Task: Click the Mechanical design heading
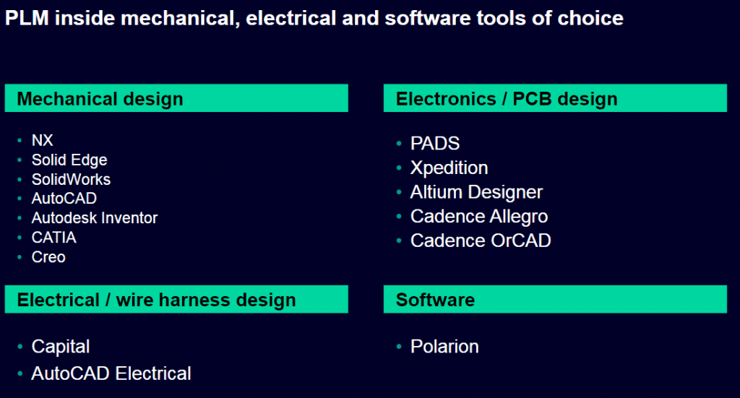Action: click(100, 99)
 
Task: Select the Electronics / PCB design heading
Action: click(507, 99)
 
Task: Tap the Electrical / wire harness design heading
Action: click(156, 300)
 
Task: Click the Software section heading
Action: click(435, 300)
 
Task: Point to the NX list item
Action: click(42, 140)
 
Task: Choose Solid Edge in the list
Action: click(69, 160)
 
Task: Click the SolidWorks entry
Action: click(71, 179)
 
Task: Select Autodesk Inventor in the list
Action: click(95, 218)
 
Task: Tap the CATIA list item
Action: click(53, 237)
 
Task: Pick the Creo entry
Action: click(48, 257)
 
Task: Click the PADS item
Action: click(434, 143)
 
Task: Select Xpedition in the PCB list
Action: click(449, 168)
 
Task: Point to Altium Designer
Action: click(476, 192)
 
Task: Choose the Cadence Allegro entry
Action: click(479, 217)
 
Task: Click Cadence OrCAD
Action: click(481, 241)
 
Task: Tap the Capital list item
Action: click(61, 347)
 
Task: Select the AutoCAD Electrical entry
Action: click(111, 373)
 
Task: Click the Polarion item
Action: click(444, 347)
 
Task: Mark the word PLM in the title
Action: click(27, 18)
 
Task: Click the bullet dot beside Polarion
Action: click(399, 347)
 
